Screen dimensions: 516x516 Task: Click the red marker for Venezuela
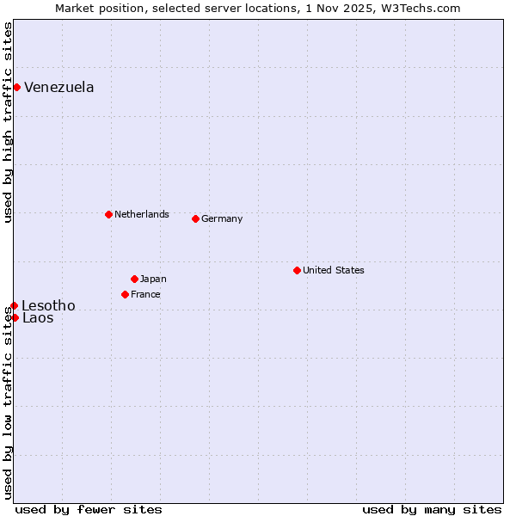click(16, 87)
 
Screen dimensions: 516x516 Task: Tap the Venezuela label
click(59, 88)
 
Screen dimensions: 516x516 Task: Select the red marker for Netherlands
click(108, 214)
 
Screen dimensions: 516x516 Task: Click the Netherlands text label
click(142, 214)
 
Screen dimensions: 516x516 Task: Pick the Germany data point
click(195, 218)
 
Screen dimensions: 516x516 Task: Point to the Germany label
click(222, 218)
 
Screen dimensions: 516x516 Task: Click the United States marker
click(297, 270)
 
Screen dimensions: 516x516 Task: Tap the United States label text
click(334, 270)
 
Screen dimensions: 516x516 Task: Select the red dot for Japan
click(134, 279)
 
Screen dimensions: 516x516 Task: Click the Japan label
click(153, 279)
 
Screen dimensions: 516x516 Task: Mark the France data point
click(125, 294)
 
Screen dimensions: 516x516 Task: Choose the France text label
click(145, 294)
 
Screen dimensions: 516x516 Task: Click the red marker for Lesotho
click(14, 305)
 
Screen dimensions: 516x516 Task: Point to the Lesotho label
click(48, 305)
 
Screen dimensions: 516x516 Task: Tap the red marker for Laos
click(15, 317)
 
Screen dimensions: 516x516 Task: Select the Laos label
click(38, 318)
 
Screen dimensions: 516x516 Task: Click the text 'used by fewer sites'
click(89, 509)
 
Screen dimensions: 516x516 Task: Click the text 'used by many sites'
click(432, 509)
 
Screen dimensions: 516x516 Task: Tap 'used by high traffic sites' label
click(8, 122)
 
